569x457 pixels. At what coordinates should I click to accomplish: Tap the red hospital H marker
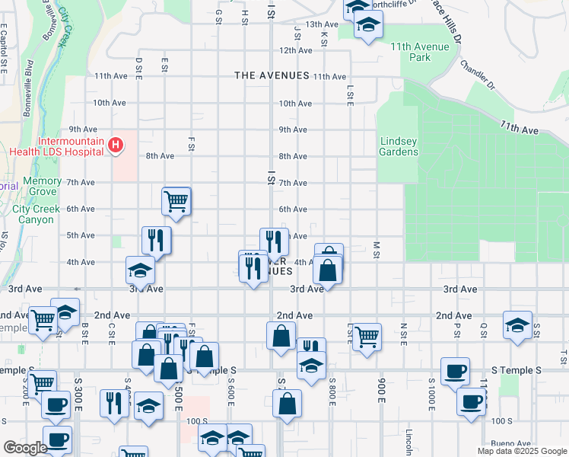click(116, 144)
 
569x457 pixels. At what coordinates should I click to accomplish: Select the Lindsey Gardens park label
click(399, 146)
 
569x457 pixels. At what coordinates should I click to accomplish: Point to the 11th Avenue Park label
click(420, 52)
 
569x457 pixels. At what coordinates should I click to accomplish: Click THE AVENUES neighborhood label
click(272, 75)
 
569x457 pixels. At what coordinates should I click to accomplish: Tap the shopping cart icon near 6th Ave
click(176, 202)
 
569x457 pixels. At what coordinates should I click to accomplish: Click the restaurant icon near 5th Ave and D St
click(156, 239)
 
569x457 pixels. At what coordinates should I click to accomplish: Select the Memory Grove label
click(42, 187)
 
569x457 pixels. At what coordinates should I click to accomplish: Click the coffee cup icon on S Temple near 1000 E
click(455, 372)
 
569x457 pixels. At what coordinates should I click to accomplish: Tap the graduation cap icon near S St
click(517, 324)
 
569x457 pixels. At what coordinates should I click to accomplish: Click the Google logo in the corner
click(25, 448)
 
